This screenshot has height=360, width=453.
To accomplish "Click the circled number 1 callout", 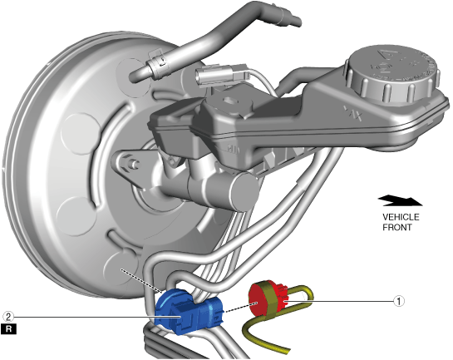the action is [x=399, y=301].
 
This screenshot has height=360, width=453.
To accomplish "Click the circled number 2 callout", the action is [x=8, y=317].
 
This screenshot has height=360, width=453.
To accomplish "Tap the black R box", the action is [x=8, y=329].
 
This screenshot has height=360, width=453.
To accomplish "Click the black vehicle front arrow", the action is [x=400, y=200].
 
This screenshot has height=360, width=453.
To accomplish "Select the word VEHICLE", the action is [x=401, y=217].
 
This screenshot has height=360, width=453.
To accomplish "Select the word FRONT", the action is [x=397, y=227].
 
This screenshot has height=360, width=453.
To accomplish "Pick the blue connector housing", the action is [x=189, y=312].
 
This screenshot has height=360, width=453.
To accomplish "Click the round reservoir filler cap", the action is [x=392, y=73].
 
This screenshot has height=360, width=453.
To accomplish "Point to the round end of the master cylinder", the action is [x=244, y=191].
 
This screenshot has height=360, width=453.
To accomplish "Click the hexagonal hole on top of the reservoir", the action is [x=230, y=101].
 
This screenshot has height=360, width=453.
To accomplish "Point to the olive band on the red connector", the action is [x=271, y=300].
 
